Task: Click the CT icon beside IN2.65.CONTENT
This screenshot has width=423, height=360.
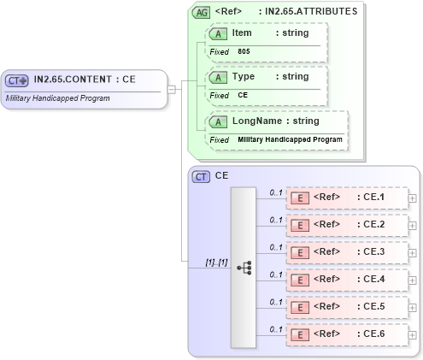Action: tap(18, 80)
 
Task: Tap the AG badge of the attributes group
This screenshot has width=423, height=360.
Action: tap(201, 12)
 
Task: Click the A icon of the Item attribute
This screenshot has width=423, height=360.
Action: tap(218, 32)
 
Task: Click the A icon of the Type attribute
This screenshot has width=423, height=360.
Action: tap(218, 76)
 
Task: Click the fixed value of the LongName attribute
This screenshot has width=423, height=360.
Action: tap(290, 139)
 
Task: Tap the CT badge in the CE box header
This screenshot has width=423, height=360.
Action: tap(202, 176)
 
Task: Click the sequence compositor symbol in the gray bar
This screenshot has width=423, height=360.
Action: tap(244, 267)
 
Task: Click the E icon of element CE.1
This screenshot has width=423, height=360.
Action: tap(300, 198)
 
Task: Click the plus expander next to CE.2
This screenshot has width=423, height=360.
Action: tap(413, 226)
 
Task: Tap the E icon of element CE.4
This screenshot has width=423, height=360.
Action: tap(300, 280)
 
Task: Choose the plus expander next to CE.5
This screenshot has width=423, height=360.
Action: tap(413, 308)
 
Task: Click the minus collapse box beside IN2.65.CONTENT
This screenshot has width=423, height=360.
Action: tap(172, 88)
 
